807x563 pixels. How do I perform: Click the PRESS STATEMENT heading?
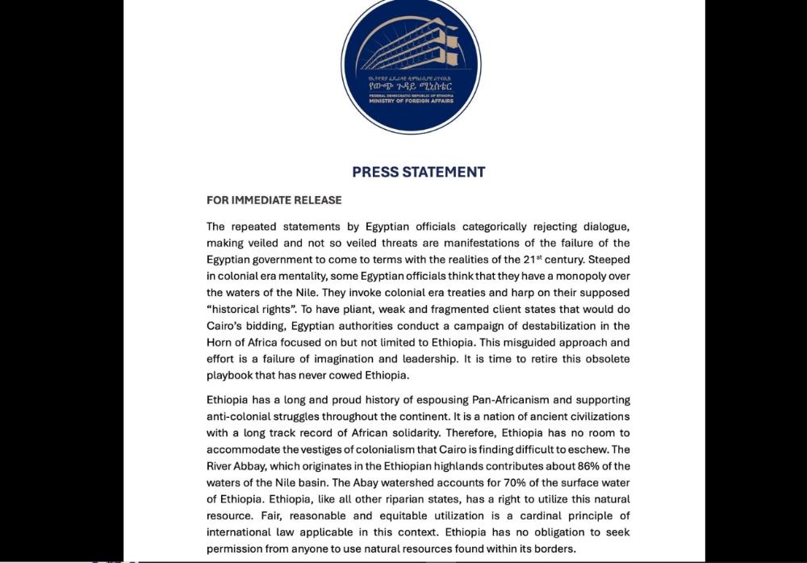point(418,172)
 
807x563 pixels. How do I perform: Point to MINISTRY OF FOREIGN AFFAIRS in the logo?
point(411,102)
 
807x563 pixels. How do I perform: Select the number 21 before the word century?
point(547,260)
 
